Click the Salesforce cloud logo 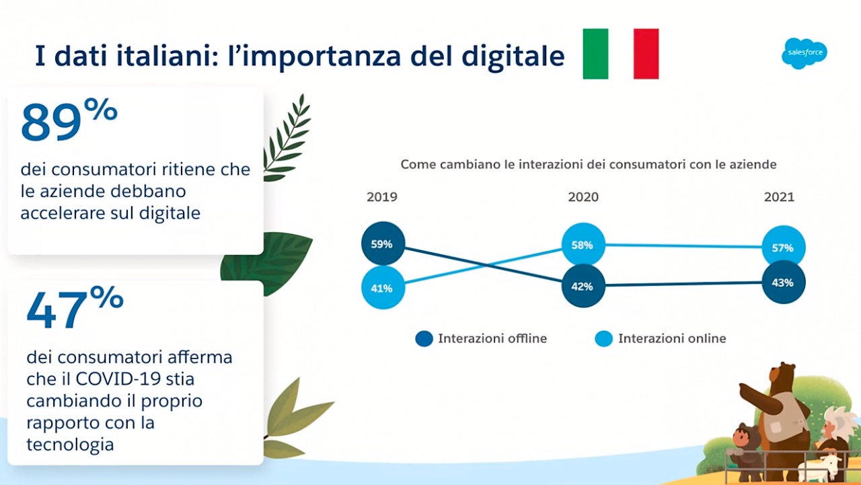coord(804,53)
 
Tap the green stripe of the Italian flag coord(595,54)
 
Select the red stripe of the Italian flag coord(646,54)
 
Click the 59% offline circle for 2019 coord(383,244)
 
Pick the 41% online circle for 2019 coord(383,288)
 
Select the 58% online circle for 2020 coord(583,245)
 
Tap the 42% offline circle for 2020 coord(583,286)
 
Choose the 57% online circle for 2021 coord(784,248)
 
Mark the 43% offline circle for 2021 coord(784,283)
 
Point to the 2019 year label coord(381,197)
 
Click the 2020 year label coord(583,197)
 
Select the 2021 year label coord(779,197)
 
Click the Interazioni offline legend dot coord(424,338)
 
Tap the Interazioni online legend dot coord(604,338)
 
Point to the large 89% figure coord(69,120)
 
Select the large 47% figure coord(75,307)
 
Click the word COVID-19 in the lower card coord(118,379)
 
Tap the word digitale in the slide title coord(513,56)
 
